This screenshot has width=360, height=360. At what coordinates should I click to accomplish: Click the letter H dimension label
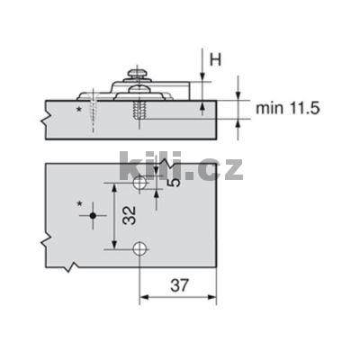[216, 58]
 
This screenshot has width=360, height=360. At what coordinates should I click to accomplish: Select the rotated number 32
[129, 216]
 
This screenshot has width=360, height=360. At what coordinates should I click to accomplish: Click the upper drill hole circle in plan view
[139, 184]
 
